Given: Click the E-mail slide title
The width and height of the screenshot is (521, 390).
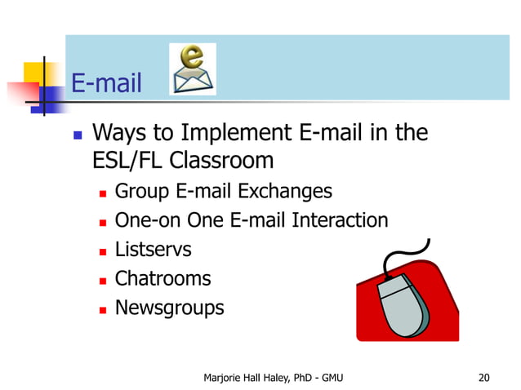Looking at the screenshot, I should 107,82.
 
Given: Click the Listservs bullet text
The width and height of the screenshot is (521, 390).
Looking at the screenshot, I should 153,249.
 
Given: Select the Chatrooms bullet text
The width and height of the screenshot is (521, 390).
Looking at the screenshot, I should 163,278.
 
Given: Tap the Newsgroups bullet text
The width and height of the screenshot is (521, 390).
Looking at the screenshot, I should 169,308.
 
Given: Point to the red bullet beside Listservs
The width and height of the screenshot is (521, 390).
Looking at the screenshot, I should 102,250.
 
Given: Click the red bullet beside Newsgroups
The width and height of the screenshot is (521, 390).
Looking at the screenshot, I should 102,309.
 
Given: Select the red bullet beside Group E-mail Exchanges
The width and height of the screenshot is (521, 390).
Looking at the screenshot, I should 102,193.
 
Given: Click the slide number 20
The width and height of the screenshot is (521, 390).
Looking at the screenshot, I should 483,377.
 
